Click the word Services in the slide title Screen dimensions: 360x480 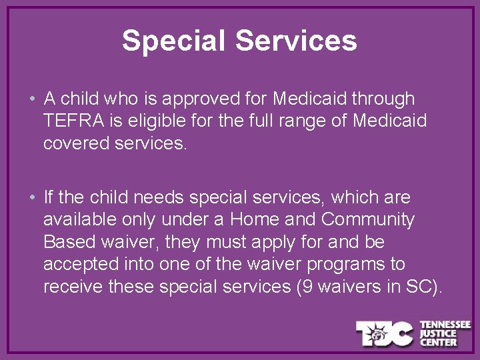click(296, 41)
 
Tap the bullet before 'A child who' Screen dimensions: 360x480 click(33, 99)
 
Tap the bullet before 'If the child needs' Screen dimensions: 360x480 click(33, 198)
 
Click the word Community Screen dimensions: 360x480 click(368, 219)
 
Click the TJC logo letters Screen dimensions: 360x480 click(384, 333)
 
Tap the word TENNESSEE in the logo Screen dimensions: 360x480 click(445, 325)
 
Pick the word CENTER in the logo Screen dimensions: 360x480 click(438, 342)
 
